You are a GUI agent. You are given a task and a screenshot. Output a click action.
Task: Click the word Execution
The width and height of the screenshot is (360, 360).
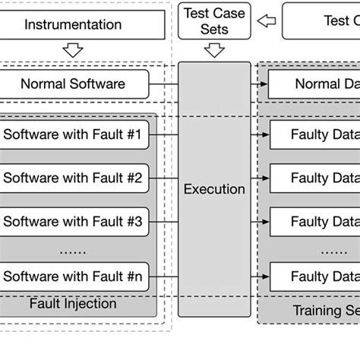coord(214,189)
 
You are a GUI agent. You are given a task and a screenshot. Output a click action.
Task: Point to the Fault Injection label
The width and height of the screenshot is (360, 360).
coord(73,304)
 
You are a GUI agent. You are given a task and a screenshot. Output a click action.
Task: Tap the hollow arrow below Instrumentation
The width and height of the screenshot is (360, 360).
coord(74,51)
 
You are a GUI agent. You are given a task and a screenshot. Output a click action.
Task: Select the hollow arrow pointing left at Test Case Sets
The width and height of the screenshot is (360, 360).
coord(266,21)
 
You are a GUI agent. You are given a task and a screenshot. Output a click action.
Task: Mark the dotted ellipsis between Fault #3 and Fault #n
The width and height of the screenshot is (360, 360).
coord(73,249)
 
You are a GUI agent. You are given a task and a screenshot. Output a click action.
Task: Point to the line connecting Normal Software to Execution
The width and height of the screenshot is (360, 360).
coord(163,84)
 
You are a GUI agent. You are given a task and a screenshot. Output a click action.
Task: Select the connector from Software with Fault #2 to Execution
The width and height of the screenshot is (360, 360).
coord(163,179)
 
